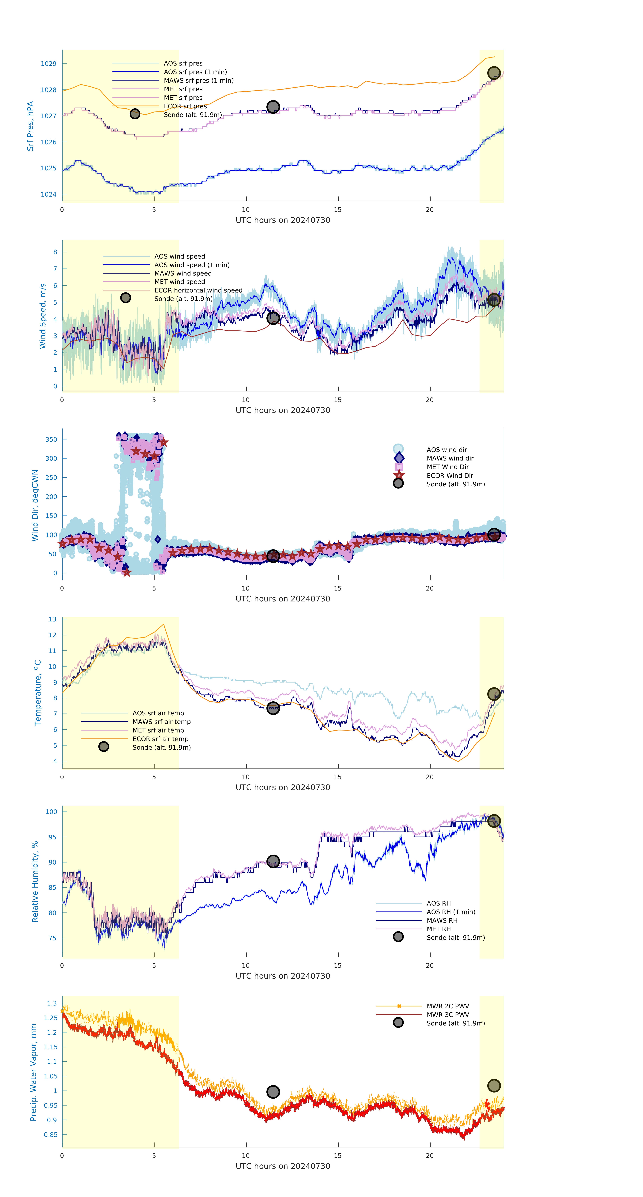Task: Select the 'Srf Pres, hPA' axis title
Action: tap(30, 126)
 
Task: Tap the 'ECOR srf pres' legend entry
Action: tap(185, 106)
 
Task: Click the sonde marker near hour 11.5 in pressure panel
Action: tap(273, 107)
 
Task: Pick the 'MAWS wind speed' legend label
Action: tap(183, 273)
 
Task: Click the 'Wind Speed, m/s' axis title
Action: tap(43, 316)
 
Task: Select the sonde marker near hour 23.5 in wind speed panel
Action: tap(494, 300)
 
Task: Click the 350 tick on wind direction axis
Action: tap(51, 439)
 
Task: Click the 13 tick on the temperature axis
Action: tap(53, 619)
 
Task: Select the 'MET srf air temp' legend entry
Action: tap(158, 730)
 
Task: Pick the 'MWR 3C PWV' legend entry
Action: tap(448, 1014)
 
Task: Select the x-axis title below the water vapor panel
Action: tap(283, 1166)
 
